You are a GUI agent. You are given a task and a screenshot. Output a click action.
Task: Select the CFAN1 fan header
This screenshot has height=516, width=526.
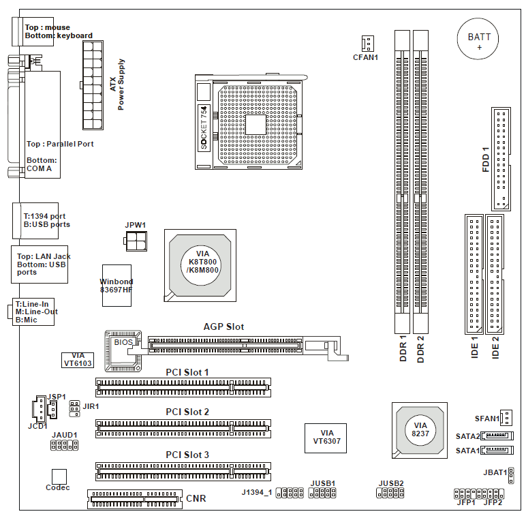(367, 44)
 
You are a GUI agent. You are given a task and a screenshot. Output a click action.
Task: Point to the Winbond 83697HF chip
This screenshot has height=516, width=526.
(116, 285)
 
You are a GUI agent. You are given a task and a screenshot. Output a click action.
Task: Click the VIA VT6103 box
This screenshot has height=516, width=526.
(78, 360)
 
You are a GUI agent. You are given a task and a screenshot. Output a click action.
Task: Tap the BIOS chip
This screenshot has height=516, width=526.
(123, 342)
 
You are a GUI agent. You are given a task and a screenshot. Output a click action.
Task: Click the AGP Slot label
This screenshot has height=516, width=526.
(223, 327)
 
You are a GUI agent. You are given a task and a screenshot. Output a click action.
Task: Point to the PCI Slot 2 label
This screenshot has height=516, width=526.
(187, 412)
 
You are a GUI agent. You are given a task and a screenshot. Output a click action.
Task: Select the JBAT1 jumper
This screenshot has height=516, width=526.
(510, 472)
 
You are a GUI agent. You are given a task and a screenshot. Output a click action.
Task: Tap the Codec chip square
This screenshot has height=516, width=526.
(59, 476)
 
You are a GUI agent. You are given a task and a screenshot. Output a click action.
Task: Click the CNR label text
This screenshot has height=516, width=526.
(196, 499)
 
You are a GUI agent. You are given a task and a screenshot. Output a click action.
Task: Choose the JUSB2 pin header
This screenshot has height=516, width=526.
(390, 491)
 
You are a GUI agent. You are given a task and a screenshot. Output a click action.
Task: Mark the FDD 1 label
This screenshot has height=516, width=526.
(486, 158)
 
